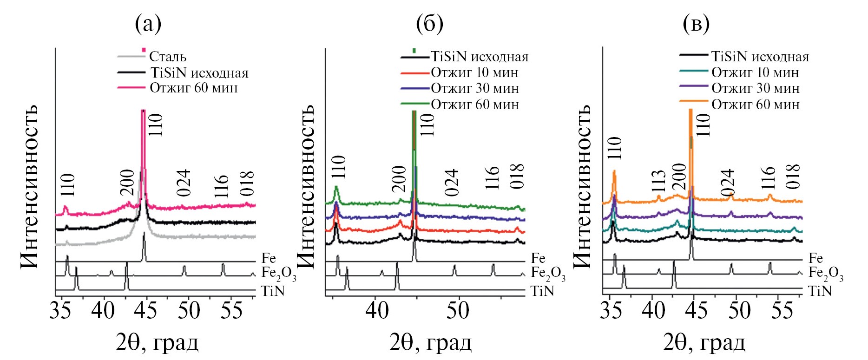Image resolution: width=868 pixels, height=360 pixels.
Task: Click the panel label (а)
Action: pyautogui.click(x=148, y=23)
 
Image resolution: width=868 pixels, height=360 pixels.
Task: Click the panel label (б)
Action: pyautogui.click(x=429, y=23)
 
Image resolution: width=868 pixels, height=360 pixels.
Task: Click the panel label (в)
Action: pyautogui.click(x=696, y=23)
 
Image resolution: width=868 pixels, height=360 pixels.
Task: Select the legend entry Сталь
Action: pyautogui.click(x=167, y=57)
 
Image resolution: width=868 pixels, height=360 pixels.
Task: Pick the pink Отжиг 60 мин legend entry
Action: pyautogui.click(x=193, y=88)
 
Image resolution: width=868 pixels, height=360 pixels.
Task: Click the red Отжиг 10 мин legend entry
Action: pyautogui.click(x=474, y=72)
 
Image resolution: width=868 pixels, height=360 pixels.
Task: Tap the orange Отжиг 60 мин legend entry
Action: pyautogui.click(x=755, y=104)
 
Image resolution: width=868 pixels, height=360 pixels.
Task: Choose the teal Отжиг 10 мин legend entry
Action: pyautogui.click(x=755, y=72)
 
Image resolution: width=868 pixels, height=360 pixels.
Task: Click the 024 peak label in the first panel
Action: pyautogui.click(x=184, y=183)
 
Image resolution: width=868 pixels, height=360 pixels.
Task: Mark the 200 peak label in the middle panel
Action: pyautogui.click(x=399, y=179)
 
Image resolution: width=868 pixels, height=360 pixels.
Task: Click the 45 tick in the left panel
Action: pyautogui.click(x=146, y=311)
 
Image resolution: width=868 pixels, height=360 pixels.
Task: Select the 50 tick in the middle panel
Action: pyautogui.click(x=458, y=311)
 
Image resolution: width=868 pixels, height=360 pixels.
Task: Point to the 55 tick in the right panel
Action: pyautogui.click(x=782, y=311)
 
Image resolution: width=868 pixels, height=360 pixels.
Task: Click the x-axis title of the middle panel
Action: pyautogui.click(x=430, y=343)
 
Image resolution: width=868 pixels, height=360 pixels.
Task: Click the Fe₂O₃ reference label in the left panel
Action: pyautogui.click(x=278, y=274)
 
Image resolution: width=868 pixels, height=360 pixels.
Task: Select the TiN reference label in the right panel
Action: pyautogui.click(x=820, y=291)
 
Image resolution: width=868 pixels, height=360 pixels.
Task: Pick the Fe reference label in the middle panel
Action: pyautogui.click(x=538, y=258)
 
